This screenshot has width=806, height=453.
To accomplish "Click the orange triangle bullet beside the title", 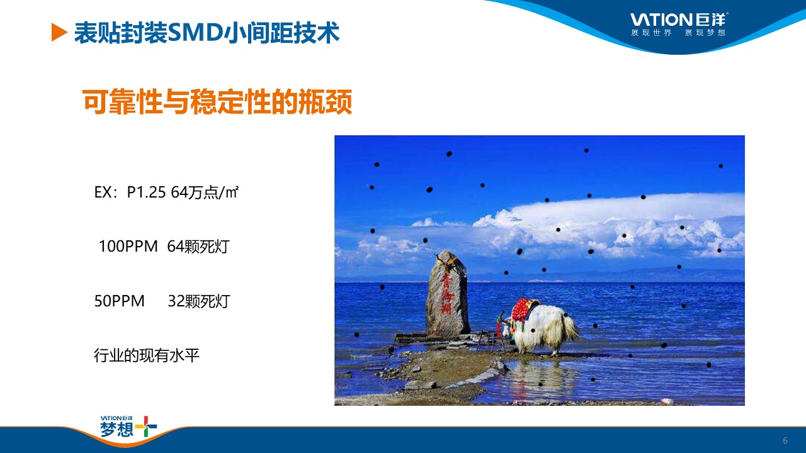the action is click(59, 32).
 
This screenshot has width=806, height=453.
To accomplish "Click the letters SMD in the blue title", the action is click(196, 33).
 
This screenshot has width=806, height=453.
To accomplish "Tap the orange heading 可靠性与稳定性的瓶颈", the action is click(217, 102).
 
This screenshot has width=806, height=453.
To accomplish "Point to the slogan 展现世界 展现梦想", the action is click(678, 33).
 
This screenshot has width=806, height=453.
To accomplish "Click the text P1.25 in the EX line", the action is click(146, 193).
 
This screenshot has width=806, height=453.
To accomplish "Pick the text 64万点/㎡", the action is click(205, 193).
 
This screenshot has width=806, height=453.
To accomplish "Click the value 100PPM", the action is click(128, 247).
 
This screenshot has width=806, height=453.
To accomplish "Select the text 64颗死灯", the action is click(198, 247).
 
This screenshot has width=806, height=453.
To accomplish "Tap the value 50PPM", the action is click(120, 301).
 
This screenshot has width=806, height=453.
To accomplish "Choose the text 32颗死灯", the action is click(199, 301).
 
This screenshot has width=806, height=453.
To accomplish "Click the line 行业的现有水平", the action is click(147, 355).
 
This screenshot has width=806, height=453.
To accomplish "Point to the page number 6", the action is click(785, 440).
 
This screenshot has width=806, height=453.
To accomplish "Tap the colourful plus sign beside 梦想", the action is click(145, 427).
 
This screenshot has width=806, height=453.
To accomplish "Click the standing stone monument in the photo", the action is click(447, 294).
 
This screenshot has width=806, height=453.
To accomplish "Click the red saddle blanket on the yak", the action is click(523, 310).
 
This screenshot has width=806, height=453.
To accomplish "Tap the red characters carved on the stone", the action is click(446, 293).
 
